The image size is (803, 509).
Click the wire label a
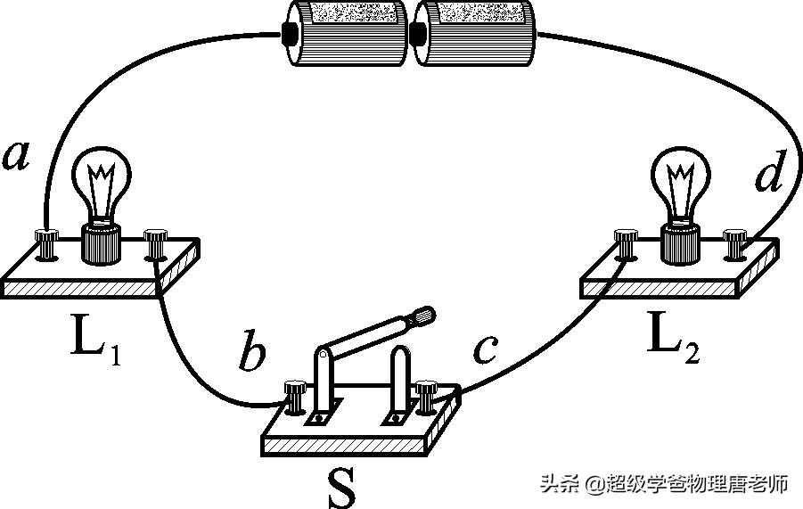[x=17, y=156]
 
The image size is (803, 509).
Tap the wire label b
[x=253, y=354]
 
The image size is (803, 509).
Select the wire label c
[x=484, y=349]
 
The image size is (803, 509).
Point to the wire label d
[x=767, y=176]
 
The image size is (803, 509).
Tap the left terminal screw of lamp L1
[x=45, y=239]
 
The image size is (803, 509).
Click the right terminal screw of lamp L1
[x=157, y=239]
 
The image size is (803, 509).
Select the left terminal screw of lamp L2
[x=626, y=238]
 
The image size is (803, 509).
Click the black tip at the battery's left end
[x=290, y=33]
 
